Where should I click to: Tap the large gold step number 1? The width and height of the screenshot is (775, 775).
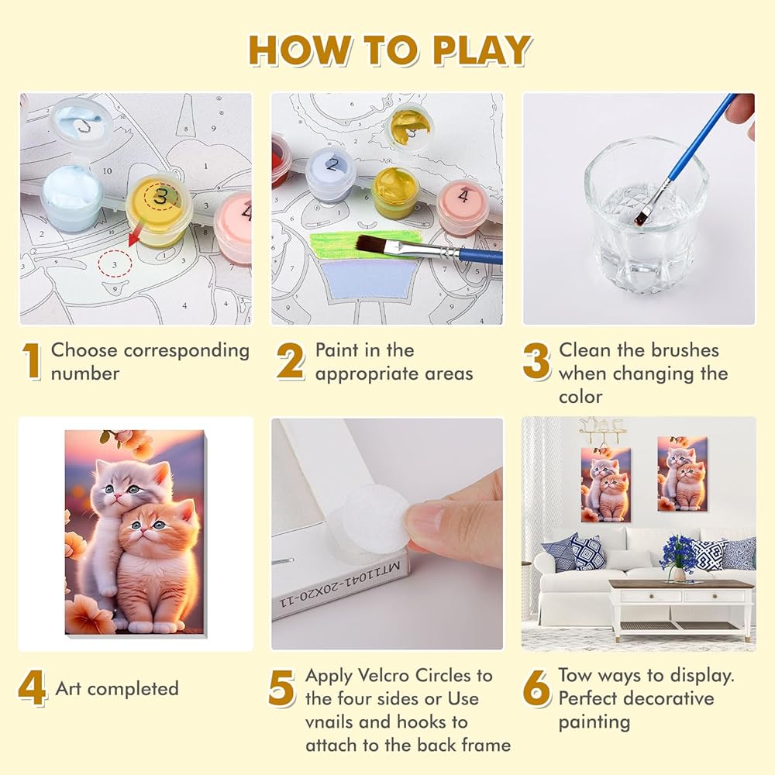click(32, 361)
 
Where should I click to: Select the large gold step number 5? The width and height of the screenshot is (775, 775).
click(281, 687)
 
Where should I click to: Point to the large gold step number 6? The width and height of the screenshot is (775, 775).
click(536, 687)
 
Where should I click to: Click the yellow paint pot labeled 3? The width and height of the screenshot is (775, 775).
click(159, 210)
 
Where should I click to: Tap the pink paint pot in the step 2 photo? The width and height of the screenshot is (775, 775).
click(463, 202)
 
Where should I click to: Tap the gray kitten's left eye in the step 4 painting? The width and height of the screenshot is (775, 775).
click(110, 489)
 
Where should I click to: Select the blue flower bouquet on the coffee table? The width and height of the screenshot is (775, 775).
click(678, 556)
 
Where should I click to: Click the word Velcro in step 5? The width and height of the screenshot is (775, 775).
click(383, 675)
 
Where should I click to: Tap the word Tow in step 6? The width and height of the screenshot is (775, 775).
click(575, 675)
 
